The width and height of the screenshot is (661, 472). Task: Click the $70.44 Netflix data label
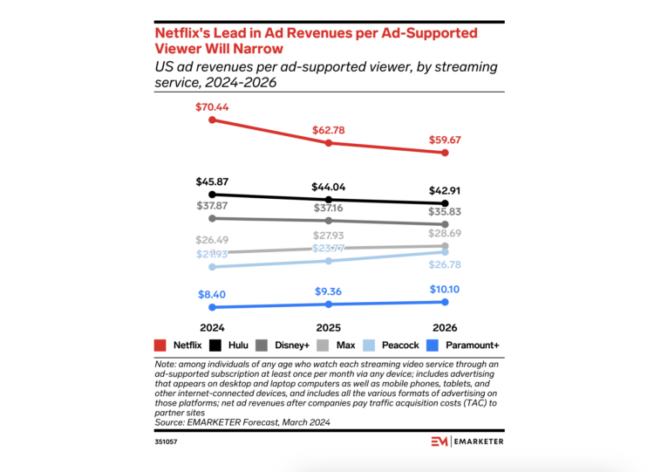[x=211, y=107]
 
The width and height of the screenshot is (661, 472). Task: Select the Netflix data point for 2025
[x=329, y=142]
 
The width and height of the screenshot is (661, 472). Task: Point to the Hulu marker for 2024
[x=211, y=195]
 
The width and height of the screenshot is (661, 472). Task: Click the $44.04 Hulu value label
[x=329, y=187]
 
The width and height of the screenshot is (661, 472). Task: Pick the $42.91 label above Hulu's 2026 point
[x=446, y=191]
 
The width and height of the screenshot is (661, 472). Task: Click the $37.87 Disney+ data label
[x=211, y=207]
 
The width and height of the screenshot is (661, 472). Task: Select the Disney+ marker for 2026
[x=446, y=224]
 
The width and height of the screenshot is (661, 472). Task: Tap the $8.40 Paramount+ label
[x=211, y=295]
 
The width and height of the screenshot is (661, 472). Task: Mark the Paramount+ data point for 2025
[x=329, y=304]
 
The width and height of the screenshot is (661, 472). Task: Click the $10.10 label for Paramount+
[x=446, y=290]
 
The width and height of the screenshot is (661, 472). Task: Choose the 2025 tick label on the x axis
[x=329, y=327]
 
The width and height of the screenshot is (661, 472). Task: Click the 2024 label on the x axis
[x=211, y=327]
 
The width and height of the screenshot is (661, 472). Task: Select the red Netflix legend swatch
[x=160, y=345]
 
